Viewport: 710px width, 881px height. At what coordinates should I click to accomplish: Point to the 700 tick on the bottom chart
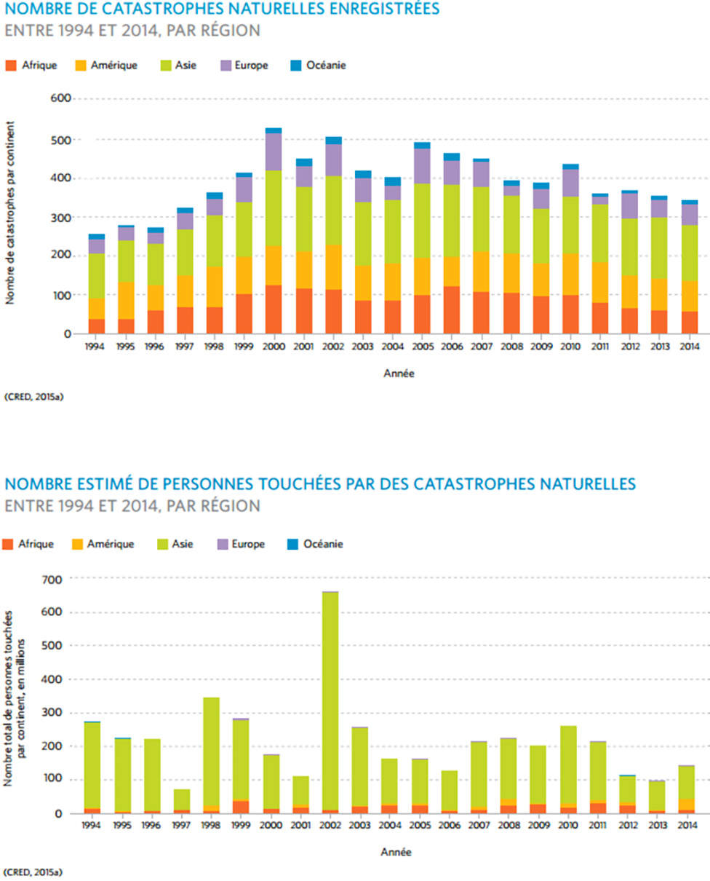(x=56, y=579)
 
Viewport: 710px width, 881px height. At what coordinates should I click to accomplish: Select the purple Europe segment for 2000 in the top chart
(x=274, y=152)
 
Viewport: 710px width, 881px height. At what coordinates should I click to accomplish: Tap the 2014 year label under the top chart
(x=689, y=347)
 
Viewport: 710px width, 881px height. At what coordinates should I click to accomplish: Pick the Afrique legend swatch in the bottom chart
(x=9, y=544)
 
